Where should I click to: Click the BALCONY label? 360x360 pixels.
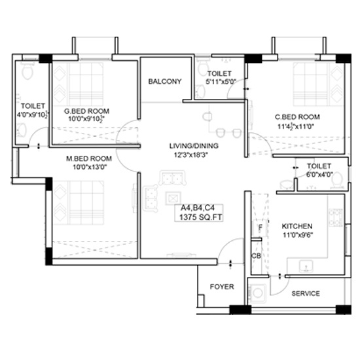coord(164,81)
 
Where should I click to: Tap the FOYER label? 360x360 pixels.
coord(222,287)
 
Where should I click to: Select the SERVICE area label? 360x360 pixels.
coord(306,293)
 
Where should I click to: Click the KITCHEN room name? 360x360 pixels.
coord(297,226)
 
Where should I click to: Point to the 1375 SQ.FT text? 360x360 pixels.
coord(201,217)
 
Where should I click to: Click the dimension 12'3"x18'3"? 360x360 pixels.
coord(190,155)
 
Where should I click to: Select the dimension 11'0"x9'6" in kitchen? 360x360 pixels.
coord(298,235)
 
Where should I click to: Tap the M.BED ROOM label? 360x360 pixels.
coord(89,158)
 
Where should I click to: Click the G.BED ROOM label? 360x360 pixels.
coord(86,111)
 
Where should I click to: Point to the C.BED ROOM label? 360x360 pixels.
coord(297,117)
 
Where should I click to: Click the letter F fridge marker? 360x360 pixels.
coord(260,228)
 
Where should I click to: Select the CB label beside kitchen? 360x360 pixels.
coord(256,256)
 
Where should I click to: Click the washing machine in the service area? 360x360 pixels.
coord(258,293)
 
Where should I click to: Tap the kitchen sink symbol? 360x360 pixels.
coord(306,266)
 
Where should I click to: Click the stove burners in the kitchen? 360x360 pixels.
coord(336,217)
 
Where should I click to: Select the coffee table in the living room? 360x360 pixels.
coord(173,198)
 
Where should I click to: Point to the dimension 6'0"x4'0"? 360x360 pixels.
coord(319,175)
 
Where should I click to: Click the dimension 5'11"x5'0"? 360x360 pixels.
coord(221,82)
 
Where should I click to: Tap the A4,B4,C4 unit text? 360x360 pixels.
coord(198,207)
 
